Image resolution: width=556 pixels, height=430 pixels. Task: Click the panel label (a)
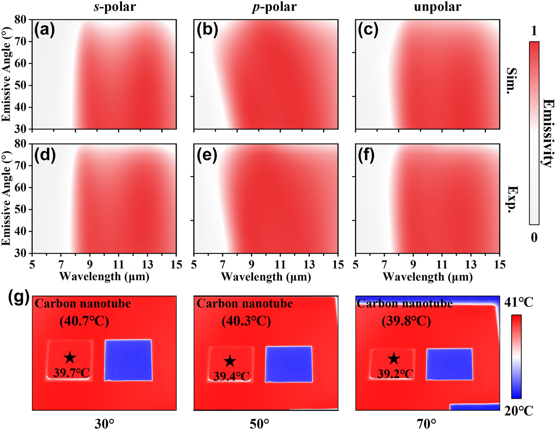tap(44, 30)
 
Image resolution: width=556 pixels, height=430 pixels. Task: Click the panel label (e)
tap(207, 156)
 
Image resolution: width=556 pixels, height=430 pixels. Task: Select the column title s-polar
tap(115, 7)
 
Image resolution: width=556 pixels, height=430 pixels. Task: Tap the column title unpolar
tap(438, 7)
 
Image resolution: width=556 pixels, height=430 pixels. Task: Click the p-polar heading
tap(274, 7)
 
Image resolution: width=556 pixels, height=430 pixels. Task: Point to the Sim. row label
tap(511, 80)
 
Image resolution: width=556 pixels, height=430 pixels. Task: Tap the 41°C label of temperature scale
tap(519, 302)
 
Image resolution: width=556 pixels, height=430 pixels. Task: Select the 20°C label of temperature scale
tap(519, 411)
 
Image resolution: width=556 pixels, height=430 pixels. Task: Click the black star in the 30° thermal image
tap(70, 358)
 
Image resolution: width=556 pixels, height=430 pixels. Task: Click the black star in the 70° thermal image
tap(393, 359)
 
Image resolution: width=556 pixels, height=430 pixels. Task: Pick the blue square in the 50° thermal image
tap(289, 364)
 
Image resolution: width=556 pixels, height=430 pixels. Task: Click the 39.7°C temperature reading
tap(71, 372)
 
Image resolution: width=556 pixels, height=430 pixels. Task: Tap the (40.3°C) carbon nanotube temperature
tap(246, 321)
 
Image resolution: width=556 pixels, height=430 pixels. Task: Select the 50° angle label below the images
tap(259, 424)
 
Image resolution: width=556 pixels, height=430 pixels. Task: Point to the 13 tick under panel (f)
tap(470, 265)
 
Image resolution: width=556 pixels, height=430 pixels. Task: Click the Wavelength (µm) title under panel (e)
tap(266, 277)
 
